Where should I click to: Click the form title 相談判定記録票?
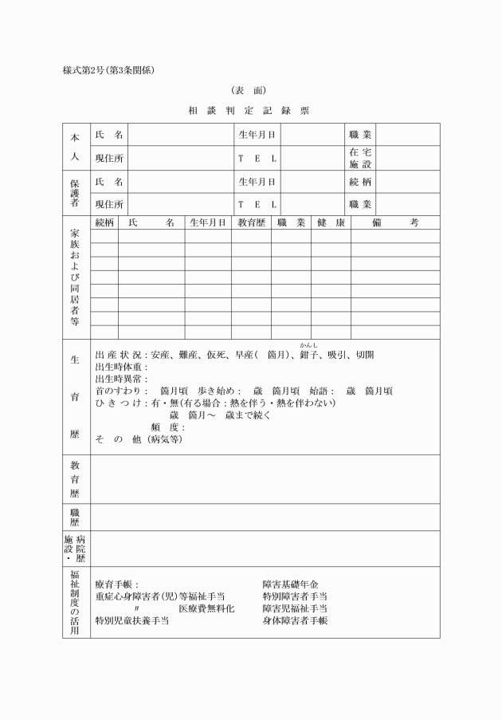[249, 111]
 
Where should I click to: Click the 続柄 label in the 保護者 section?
[360, 182]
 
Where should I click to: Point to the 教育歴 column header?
[251, 223]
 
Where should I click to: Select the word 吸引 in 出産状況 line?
[338, 355]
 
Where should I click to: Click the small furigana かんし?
[308, 345]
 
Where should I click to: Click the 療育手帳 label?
[116, 584]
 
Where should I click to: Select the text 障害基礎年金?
[290, 584]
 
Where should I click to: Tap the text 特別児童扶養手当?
[131, 620]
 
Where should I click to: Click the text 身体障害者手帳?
[295, 620]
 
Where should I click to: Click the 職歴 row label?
[75, 517]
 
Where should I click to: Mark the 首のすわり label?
[120, 391]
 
